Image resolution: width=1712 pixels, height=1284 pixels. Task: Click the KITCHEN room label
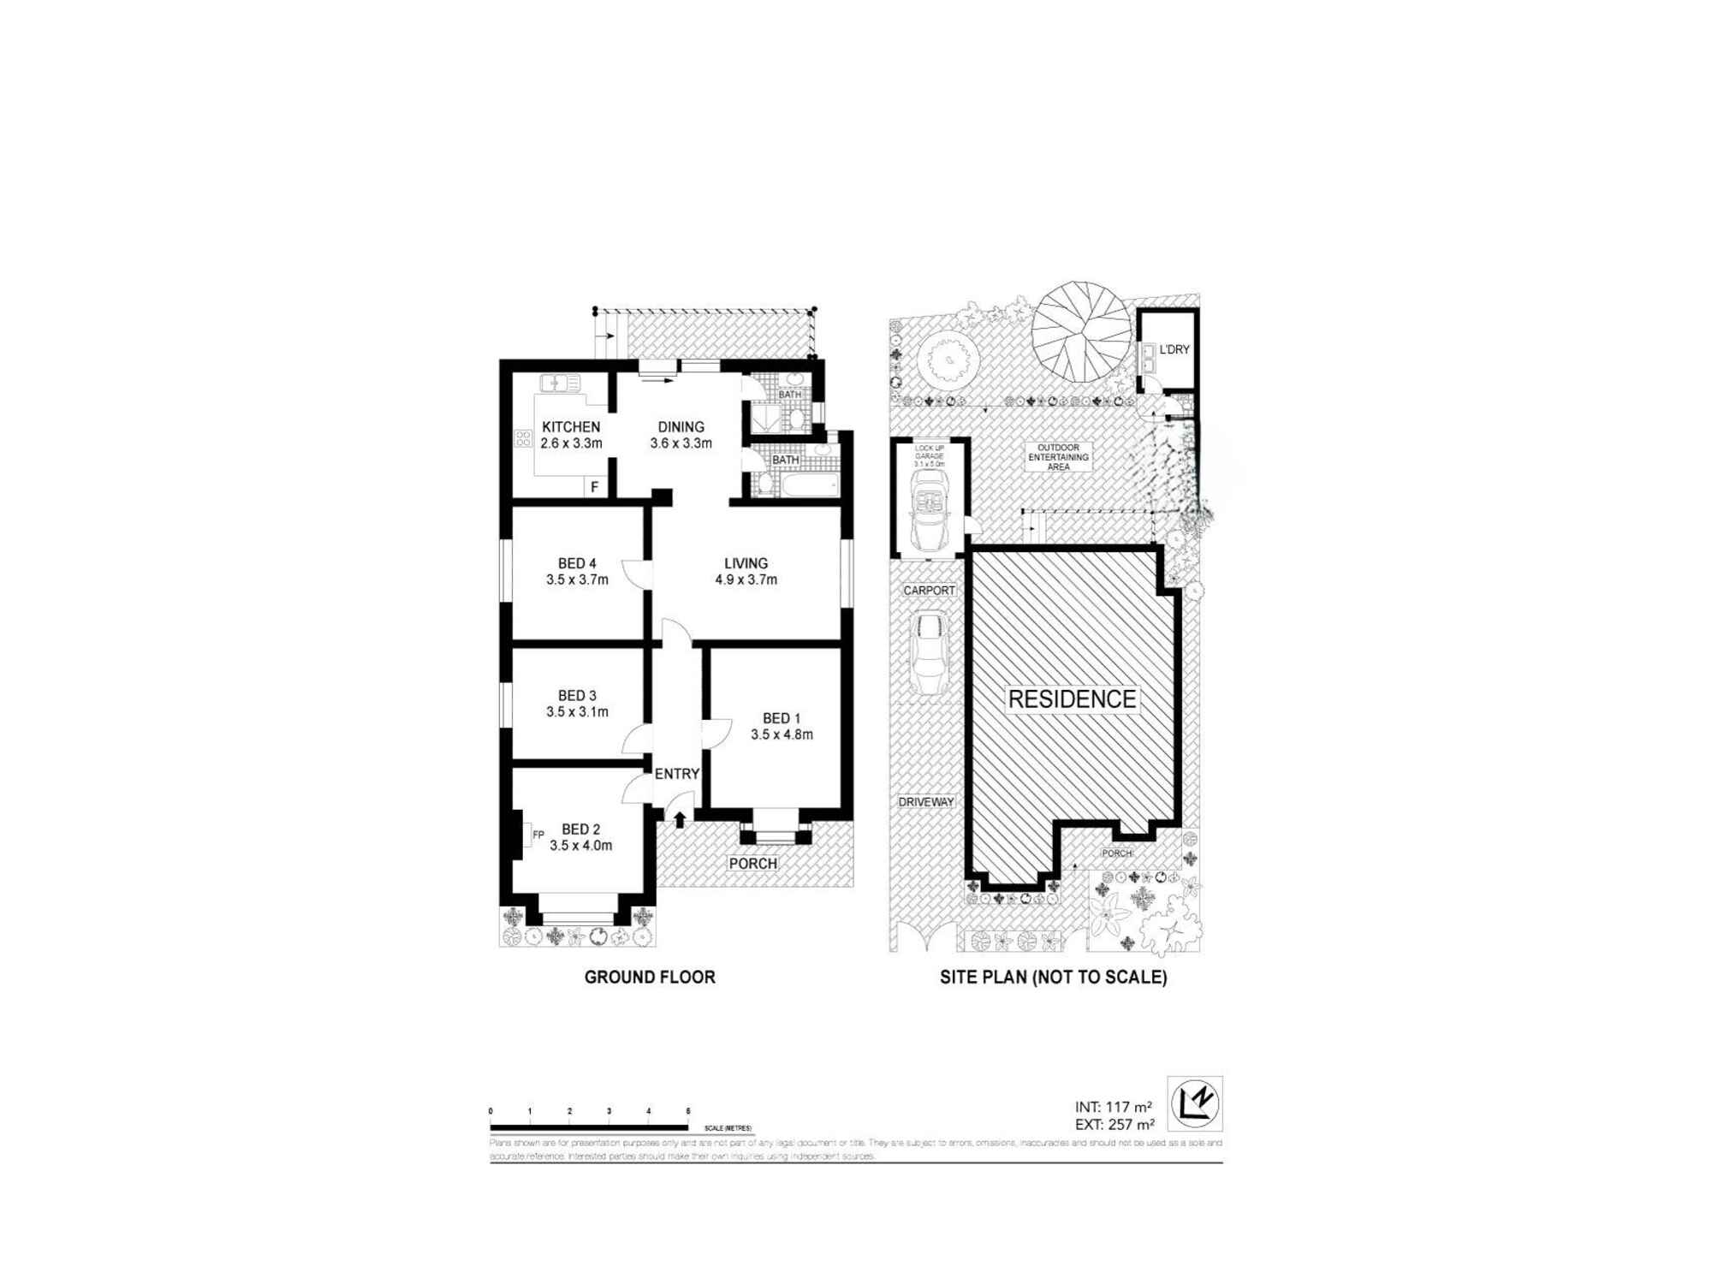pos(571,427)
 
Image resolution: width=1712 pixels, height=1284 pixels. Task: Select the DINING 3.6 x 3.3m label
pos(681,435)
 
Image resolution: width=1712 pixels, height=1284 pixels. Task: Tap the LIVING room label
pos(746,563)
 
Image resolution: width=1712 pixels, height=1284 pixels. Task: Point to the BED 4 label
pos(577,563)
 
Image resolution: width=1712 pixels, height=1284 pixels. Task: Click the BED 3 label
pos(577,696)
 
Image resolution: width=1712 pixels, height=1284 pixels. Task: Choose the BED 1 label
pos(782,719)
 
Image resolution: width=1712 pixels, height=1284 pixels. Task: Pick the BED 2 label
pos(580,829)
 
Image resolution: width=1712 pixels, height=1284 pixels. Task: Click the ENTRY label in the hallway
pos(677,774)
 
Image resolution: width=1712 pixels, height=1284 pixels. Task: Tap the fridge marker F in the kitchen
pos(595,487)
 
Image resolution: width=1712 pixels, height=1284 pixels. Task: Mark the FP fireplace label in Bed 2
pos(538,834)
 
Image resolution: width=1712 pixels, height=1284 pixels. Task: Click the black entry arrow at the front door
pos(680,819)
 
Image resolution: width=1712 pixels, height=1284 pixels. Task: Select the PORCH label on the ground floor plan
pos(753,864)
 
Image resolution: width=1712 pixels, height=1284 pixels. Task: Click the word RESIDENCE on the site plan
pos(1072,699)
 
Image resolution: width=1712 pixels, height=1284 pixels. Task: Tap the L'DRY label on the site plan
pos(1174,349)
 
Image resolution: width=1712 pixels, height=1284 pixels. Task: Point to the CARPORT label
pos(930,591)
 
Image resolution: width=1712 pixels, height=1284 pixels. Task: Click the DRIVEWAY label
pos(926,802)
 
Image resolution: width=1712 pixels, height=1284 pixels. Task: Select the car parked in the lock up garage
pos(930,511)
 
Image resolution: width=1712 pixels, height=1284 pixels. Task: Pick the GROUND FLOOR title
pos(650,977)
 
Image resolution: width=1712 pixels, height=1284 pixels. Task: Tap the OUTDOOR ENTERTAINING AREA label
pos(1059,457)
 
